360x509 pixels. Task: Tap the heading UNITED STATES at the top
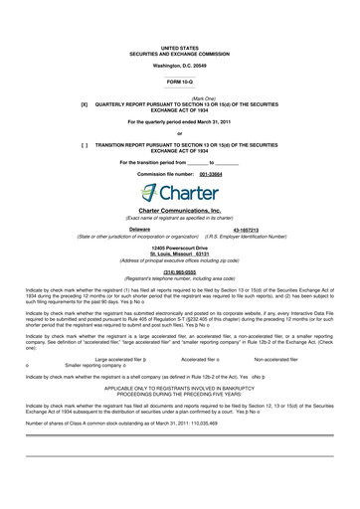(x=180, y=47)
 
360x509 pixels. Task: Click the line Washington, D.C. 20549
(x=180, y=63)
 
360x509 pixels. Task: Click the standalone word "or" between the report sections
(x=180, y=131)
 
